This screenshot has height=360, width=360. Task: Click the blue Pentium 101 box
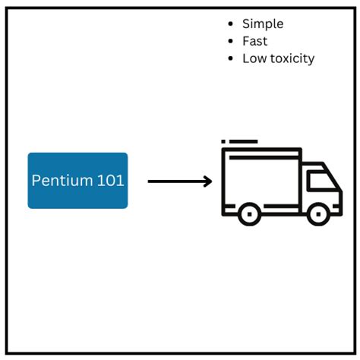click(77, 180)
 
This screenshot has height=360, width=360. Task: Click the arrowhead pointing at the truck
click(207, 182)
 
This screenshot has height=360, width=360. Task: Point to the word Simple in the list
click(263, 24)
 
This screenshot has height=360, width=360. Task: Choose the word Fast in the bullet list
click(255, 42)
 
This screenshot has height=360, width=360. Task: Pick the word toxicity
click(291, 58)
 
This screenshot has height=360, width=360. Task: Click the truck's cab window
click(321, 181)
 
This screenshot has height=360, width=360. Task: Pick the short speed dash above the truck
click(223, 141)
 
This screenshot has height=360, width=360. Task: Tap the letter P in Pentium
click(35, 181)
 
